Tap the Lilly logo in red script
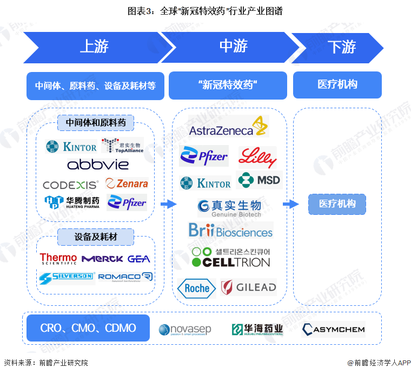click(x=257, y=158)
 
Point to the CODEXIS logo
click(x=71, y=185)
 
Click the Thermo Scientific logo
click(x=58, y=259)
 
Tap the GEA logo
click(x=139, y=259)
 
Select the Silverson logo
click(x=67, y=277)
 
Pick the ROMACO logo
click(x=125, y=277)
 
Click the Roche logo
click(x=197, y=288)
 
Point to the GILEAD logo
click(x=249, y=287)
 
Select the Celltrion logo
click(x=231, y=258)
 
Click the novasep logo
click(x=185, y=329)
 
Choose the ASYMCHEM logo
click(x=333, y=329)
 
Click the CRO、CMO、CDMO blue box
click(x=88, y=328)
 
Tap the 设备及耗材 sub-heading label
click(x=96, y=236)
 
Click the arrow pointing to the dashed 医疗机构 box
click(x=290, y=204)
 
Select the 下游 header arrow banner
click(x=338, y=47)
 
